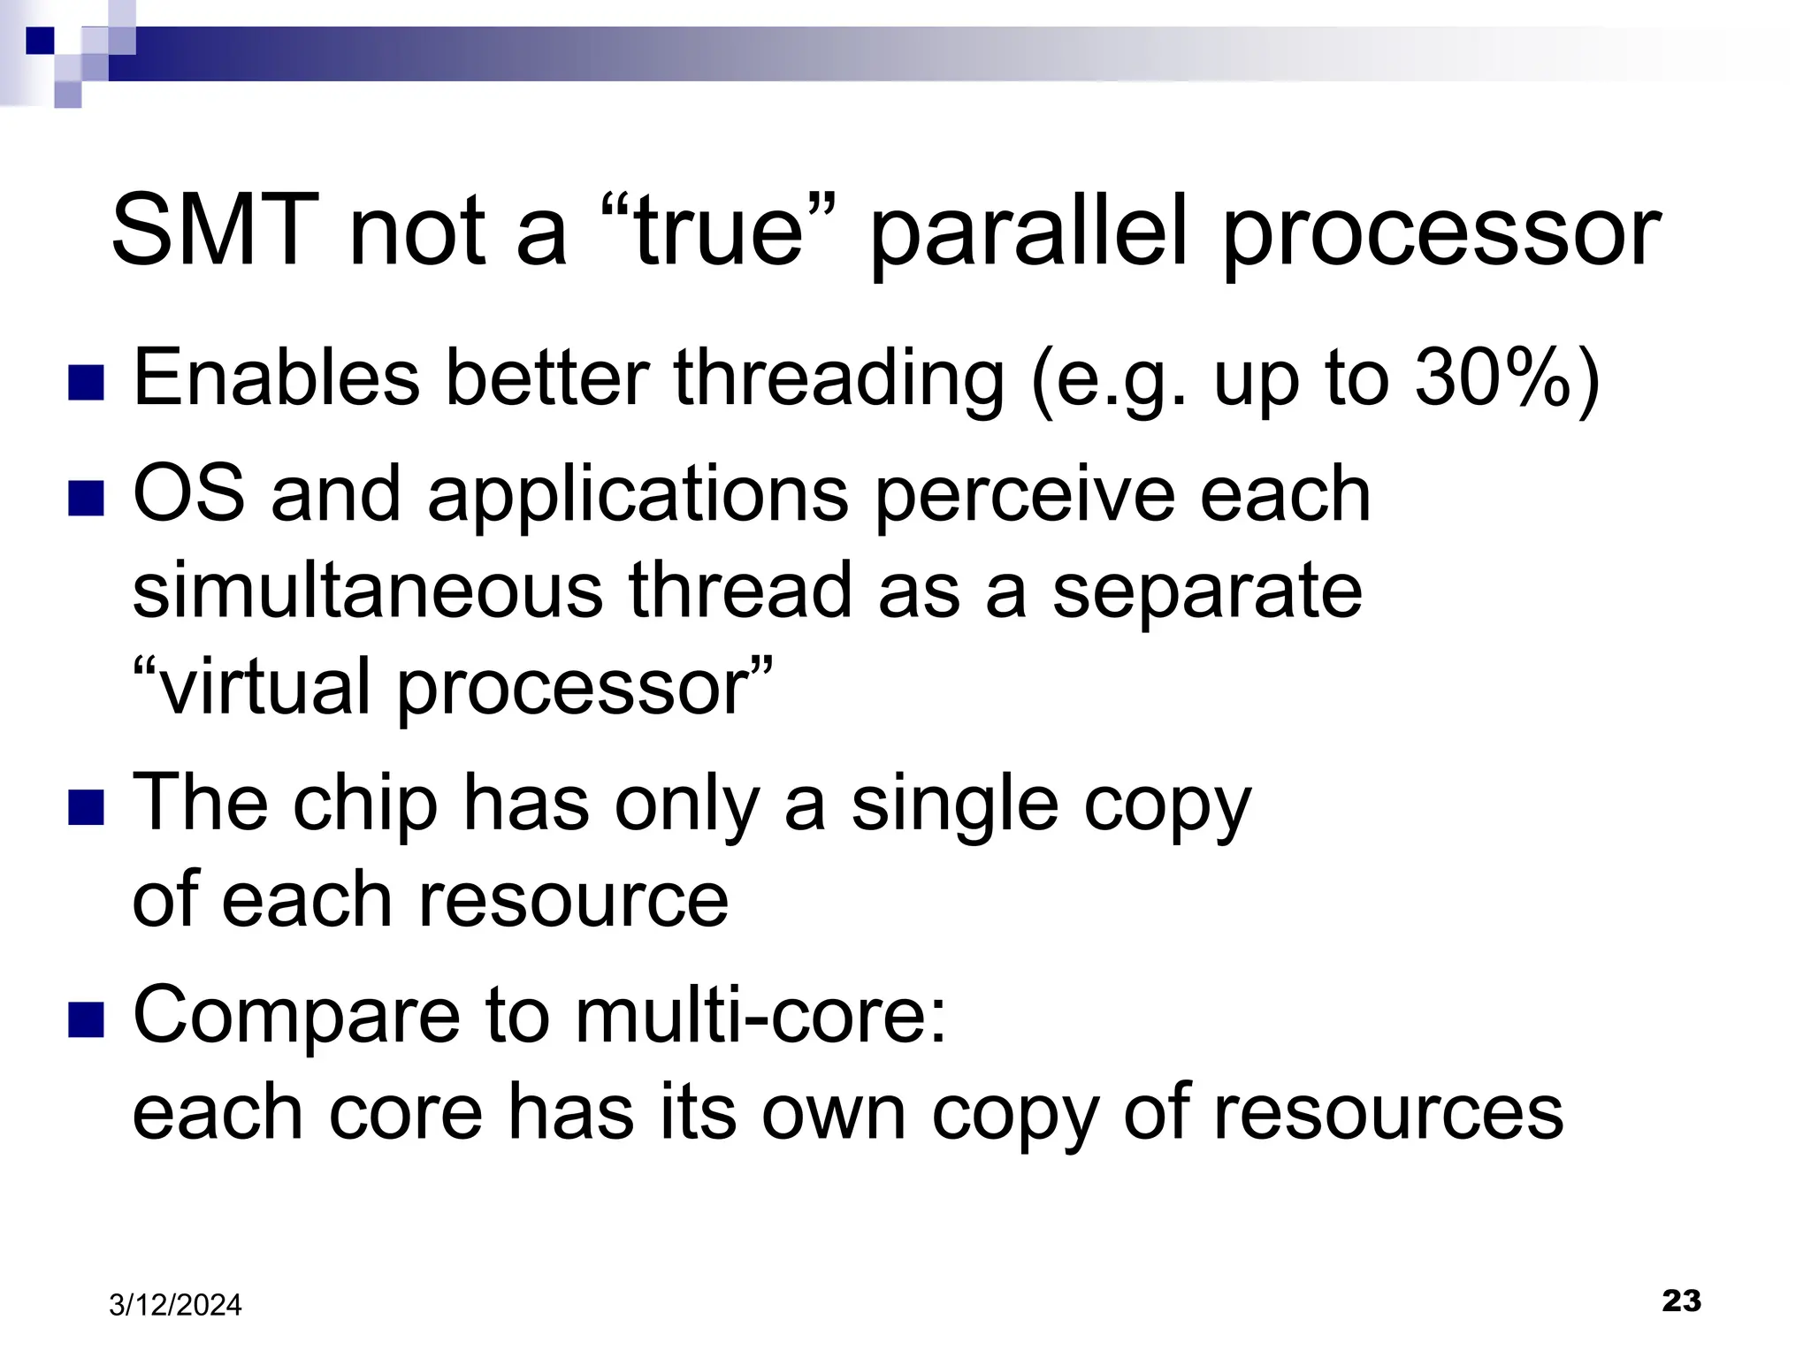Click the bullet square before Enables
pos(87,383)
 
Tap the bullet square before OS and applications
pos(87,498)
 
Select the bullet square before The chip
pos(87,807)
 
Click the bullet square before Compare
pos(87,1018)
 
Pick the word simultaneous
pos(368,591)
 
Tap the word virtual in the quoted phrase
pos(265,688)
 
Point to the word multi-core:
pos(760,1015)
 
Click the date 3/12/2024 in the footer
pos(175,1305)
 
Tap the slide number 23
pos(1681,1301)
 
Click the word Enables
pos(276,378)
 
